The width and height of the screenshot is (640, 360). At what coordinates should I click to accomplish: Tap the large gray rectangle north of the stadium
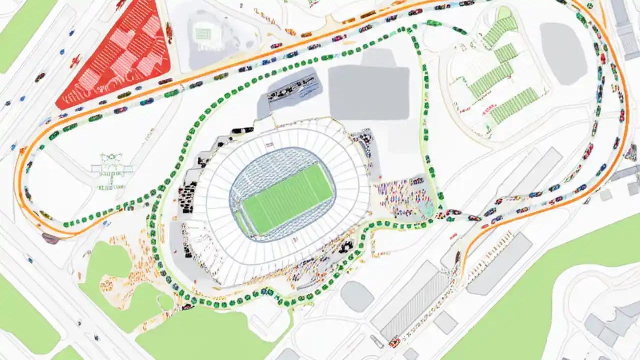(369, 92)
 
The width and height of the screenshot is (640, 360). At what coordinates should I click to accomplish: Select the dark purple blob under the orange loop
(50, 238)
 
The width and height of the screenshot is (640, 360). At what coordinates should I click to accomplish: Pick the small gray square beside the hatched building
(445, 322)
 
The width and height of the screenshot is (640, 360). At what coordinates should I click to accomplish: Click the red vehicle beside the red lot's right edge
(169, 33)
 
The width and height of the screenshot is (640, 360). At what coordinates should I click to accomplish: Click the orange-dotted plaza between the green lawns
(125, 270)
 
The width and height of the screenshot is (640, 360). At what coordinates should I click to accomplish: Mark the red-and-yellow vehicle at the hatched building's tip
(395, 342)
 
